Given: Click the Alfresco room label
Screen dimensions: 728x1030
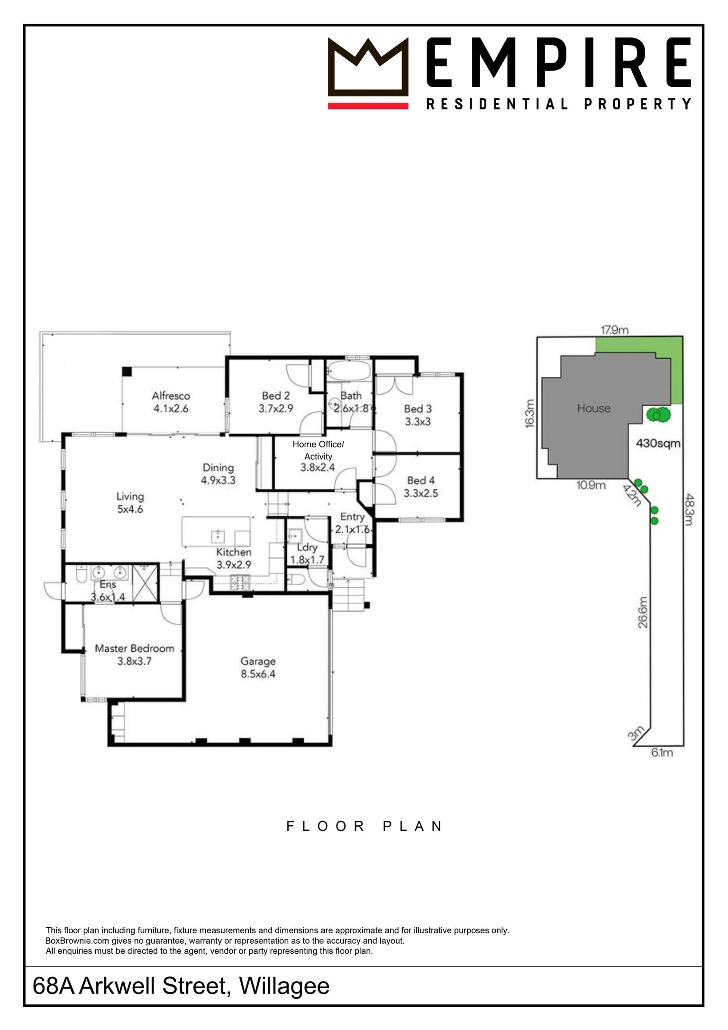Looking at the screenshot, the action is click(171, 402).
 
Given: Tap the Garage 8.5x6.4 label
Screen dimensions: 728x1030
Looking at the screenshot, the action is click(258, 667).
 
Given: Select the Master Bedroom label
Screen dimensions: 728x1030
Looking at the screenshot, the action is click(134, 654).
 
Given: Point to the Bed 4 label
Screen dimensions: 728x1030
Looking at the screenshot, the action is click(421, 487).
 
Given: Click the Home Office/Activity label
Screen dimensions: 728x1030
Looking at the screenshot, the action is click(318, 456).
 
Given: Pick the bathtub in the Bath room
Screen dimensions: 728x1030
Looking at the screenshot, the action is click(349, 371).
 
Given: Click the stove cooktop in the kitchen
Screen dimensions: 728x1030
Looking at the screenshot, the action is click(240, 583).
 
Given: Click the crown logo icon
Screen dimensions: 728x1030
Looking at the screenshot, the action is click(368, 67).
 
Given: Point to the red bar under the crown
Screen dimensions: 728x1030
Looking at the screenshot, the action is click(368, 106).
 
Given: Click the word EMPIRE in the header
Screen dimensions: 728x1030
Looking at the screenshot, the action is click(558, 63).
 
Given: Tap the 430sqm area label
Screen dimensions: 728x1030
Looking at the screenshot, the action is click(658, 443).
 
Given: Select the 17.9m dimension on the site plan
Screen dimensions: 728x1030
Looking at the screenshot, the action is click(615, 330).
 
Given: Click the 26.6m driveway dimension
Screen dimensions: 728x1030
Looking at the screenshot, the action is click(643, 612).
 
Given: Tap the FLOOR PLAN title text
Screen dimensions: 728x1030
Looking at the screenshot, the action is click(364, 826).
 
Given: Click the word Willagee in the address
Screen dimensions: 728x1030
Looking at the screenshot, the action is click(284, 986).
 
